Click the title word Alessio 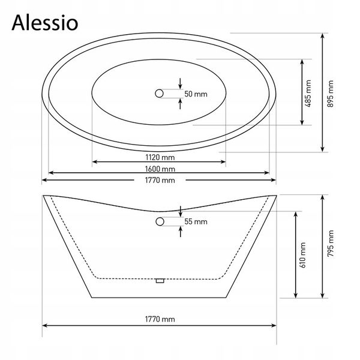(45, 23)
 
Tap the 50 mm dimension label (196, 94)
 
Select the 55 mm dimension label (196, 221)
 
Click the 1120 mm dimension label (160, 157)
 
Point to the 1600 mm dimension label (160, 169)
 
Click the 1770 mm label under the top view (160, 180)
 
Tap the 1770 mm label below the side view (160, 319)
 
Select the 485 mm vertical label (308, 94)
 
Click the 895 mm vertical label (330, 94)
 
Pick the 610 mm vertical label (302, 255)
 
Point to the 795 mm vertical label (330, 244)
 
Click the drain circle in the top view (159, 94)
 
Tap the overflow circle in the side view (160, 221)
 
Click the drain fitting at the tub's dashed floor (160, 281)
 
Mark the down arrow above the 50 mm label (180, 83)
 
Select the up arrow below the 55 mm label (181, 232)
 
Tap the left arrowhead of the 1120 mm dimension (94, 162)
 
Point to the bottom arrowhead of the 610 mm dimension (296, 296)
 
